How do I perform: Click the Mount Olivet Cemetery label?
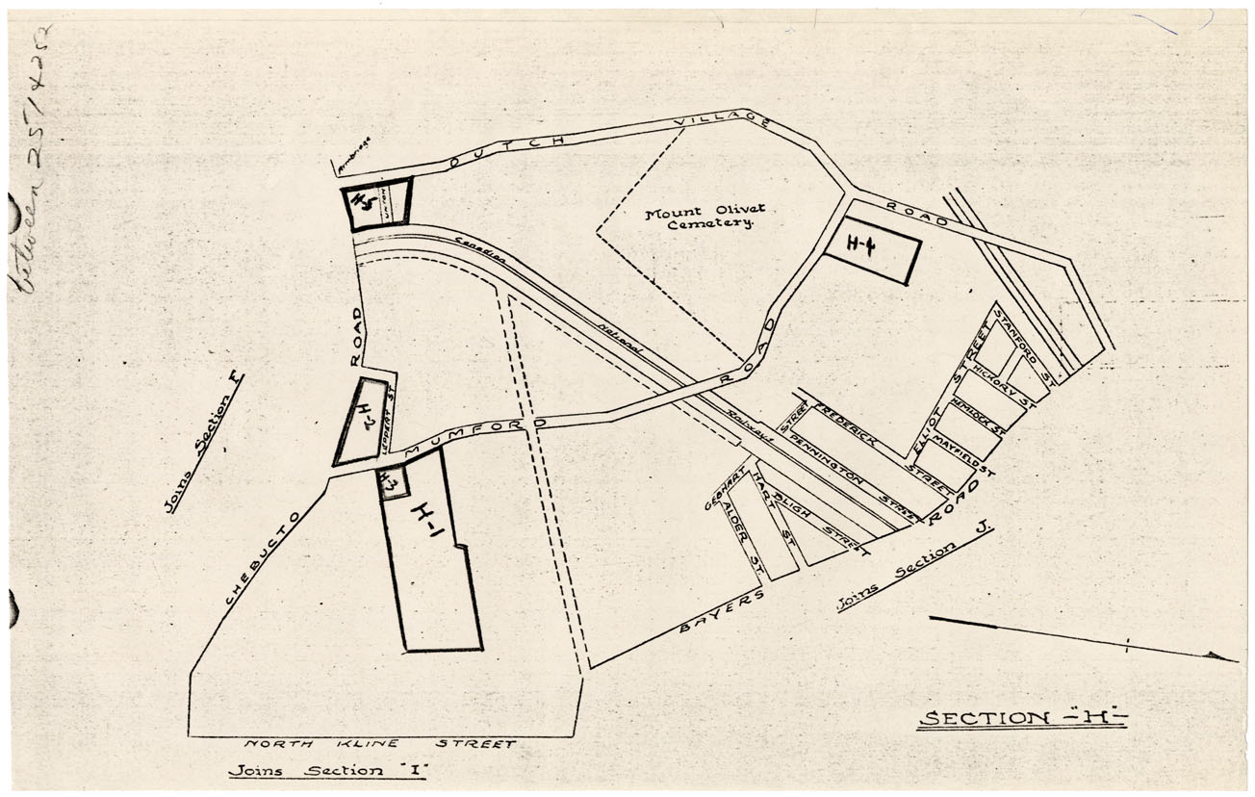(699, 218)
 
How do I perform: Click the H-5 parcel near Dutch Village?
(363, 204)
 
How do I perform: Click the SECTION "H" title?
(1021, 718)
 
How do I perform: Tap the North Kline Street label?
(379, 744)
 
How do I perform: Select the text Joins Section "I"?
(327, 772)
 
